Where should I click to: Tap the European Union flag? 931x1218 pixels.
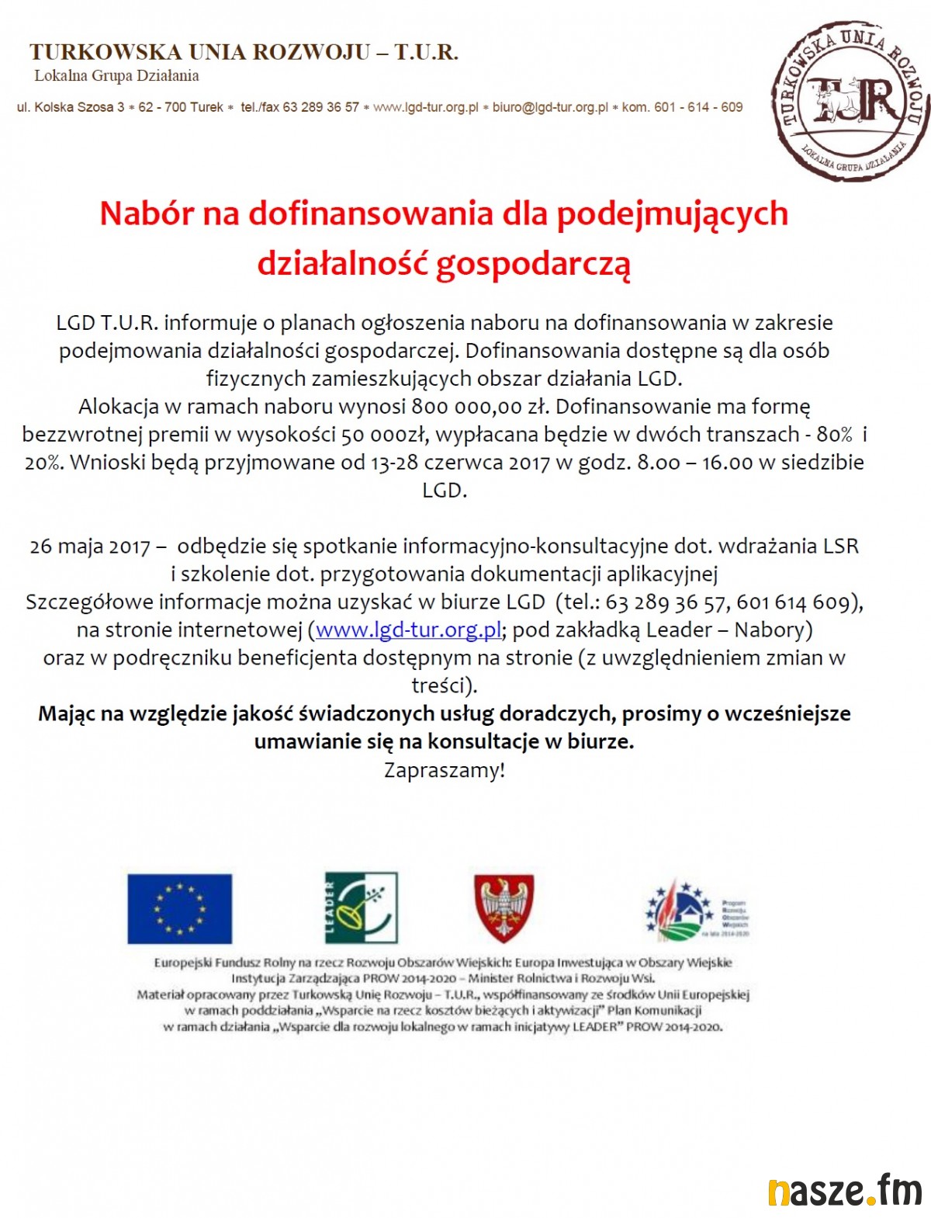click(x=179, y=908)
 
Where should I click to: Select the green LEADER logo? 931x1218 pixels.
click(x=361, y=907)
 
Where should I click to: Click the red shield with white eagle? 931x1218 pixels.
click(x=504, y=907)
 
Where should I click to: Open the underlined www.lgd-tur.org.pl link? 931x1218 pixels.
click(x=408, y=630)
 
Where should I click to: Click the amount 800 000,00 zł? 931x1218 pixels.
click(x=480, y=406)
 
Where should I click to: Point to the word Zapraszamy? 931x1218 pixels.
click(x=444, y=770)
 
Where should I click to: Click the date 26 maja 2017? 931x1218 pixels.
click(x=90, y=547)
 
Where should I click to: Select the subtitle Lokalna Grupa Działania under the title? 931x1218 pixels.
click(x=116, y=75)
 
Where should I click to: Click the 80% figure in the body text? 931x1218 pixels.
click(x=834, y=434)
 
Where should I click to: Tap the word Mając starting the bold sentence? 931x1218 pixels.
click(x=68, y=713)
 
